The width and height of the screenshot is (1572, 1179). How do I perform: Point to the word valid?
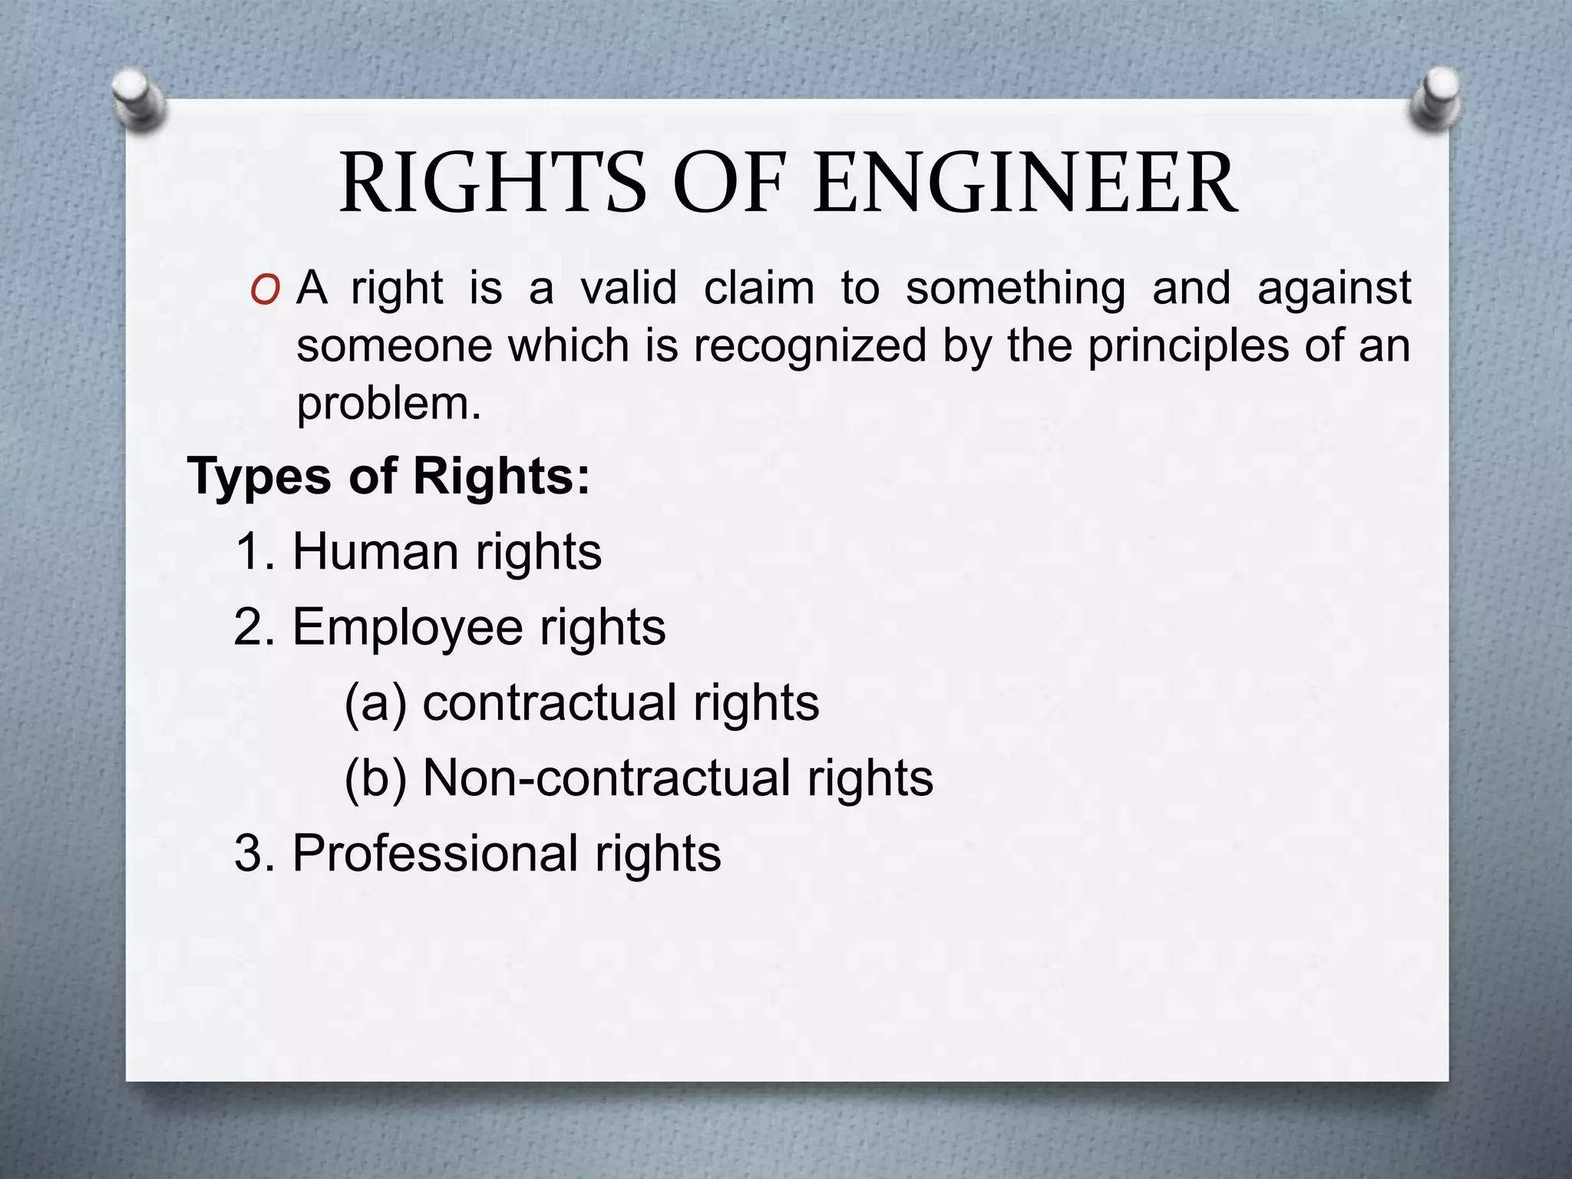pos(629,288)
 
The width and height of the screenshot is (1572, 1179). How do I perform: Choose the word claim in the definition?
pos(759,288)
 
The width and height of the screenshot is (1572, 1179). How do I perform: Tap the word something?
pos(1016,289)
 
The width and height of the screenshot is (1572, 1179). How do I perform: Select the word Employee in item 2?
pos(408,628)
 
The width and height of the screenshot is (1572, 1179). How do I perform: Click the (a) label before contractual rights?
pos(375,703)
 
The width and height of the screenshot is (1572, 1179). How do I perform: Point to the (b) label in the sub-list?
pos(375,778)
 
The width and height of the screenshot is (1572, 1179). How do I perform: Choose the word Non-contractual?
pos(606,778)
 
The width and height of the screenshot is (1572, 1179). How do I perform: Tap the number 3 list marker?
pos(252,854)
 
